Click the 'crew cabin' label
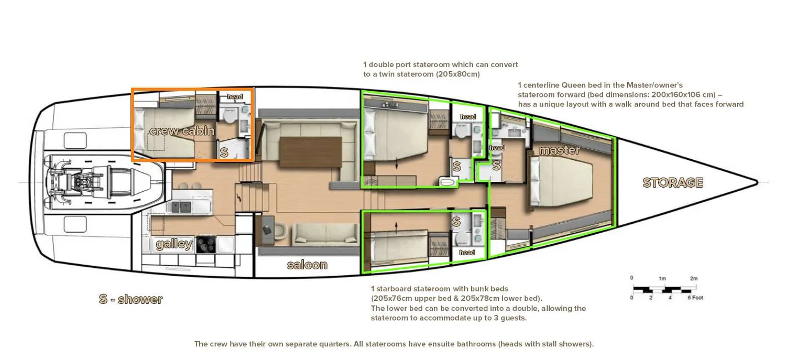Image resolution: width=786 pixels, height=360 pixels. pyautogui.click(x=182, y=131)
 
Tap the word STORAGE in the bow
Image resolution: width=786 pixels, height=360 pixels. pyautogui.click(x=673, y=182)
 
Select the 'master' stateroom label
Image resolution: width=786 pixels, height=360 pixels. pyautogui.click(x=559, y=150)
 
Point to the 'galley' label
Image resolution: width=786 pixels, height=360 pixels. pyautogui.click(x=174, y=244)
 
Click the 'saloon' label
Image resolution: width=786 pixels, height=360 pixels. pyautogui.click(x=307, y=265)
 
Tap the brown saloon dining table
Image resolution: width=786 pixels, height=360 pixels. pyautogui.click(x=311, y=152)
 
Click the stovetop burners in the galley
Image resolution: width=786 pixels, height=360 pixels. pyautogui.click(x=205, y=244)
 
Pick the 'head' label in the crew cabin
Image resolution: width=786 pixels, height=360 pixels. pyautogui.click(x=235, y=96)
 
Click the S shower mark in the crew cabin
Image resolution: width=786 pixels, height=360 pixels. pyautogui.click(x=224, y=152)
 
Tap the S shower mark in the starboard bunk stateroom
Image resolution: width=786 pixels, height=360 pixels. pyautogui.click(x=456, y=222)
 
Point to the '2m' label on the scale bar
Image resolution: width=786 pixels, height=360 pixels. pyautogui.click(x=694, y=278)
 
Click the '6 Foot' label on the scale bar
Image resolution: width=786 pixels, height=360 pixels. pyautogui.click(x=695, y=298)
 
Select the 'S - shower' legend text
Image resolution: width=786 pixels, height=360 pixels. pyautogui.click(x=130, y=299)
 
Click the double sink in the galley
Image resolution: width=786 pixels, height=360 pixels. pyautogui.click(x=181, y=206)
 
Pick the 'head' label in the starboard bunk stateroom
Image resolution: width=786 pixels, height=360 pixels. pyautogui.click(x=467, y=252)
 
